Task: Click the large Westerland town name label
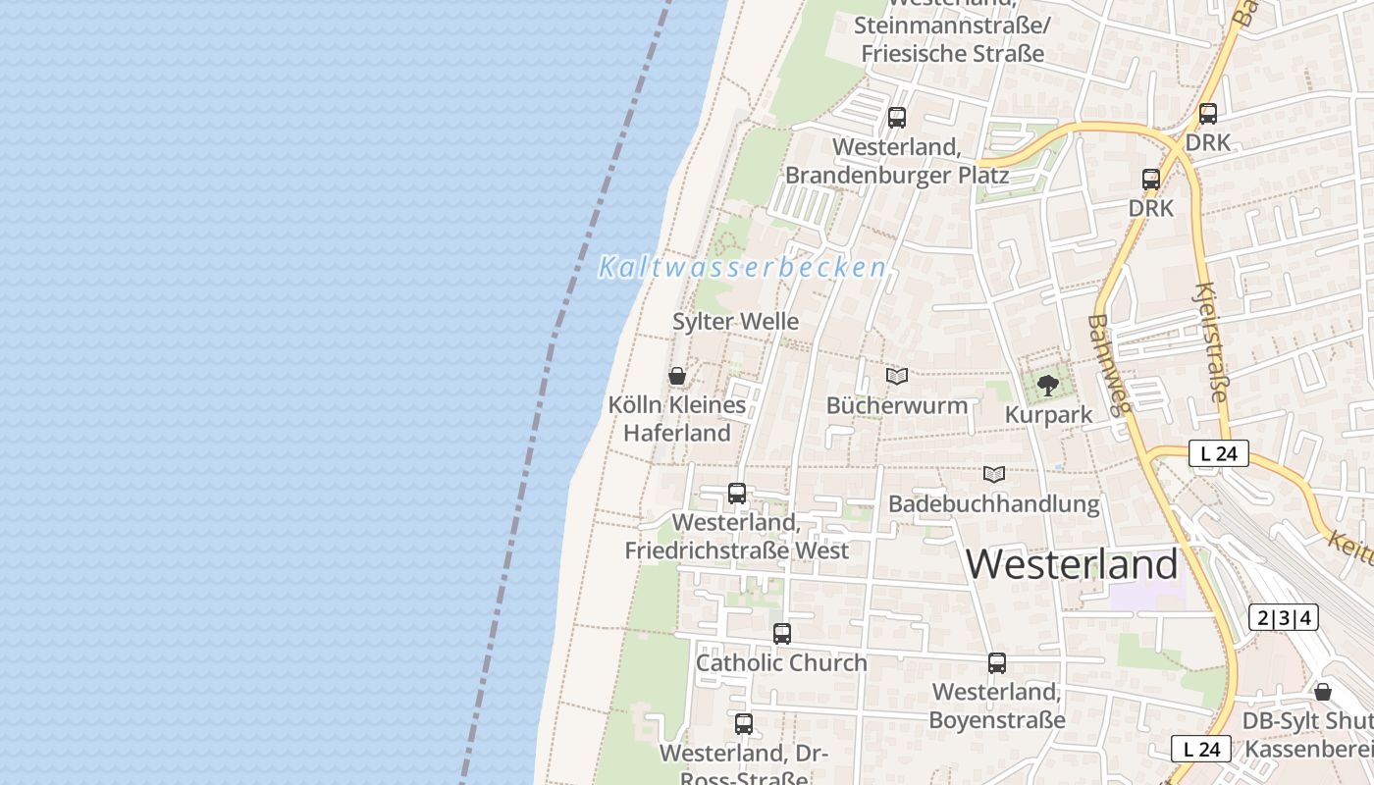[1072, 564]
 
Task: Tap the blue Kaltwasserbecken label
[742, 267]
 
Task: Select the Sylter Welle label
[735, 322]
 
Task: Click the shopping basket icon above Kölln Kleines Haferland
[676, 376]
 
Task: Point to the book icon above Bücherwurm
[896, 376]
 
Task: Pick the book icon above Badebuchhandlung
[994, 475]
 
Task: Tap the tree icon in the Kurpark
[1047, 385]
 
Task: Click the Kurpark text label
[1048, 415]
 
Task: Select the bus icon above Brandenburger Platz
[896, 118]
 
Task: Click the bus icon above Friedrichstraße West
[737, 494]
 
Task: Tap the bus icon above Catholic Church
[781, 634]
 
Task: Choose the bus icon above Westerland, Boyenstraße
[997, 663]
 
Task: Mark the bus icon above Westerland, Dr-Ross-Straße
[744, 724]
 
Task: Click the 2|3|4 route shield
[1283, 617]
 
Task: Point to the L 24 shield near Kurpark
[1218, 453]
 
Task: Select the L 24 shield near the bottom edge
[1200, 749]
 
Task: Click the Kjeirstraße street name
[1212, 342]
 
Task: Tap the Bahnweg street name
[1111, 364]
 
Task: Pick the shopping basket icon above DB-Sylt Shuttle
[1323, 692]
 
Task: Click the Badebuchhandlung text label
[993, 504]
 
